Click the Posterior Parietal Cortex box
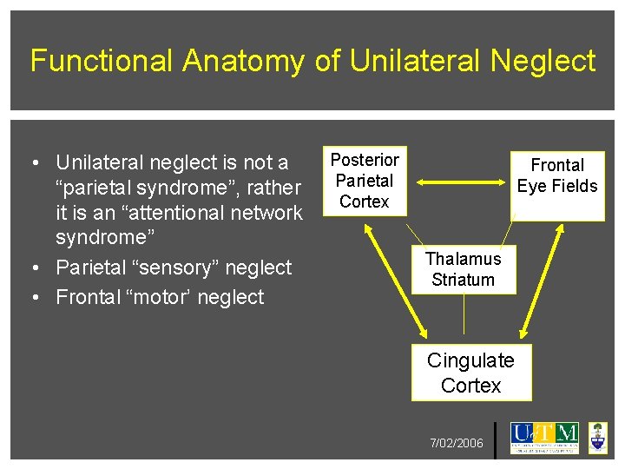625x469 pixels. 365,181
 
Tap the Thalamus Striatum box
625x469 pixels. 463,269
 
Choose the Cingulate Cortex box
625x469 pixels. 470,373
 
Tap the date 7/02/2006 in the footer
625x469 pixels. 457,444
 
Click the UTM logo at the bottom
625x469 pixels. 544,437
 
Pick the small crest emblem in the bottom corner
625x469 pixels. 598,437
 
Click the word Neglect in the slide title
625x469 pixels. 543,61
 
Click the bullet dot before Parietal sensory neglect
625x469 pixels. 32,268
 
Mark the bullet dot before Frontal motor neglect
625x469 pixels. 32,298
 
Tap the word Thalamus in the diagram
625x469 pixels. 463,259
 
